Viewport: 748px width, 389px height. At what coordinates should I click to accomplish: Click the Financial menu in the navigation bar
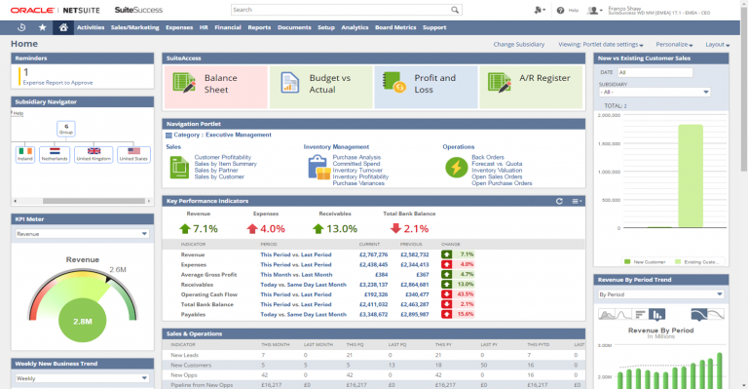click(x=227, y=28)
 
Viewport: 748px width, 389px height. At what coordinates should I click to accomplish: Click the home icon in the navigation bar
click(x=63, y=28)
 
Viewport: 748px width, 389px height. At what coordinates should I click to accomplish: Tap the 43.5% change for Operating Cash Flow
click(x=465, y=293)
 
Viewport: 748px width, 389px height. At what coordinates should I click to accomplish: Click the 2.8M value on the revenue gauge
click(x=83, y=320)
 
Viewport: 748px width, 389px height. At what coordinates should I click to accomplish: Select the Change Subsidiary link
click(x=518, y=44)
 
